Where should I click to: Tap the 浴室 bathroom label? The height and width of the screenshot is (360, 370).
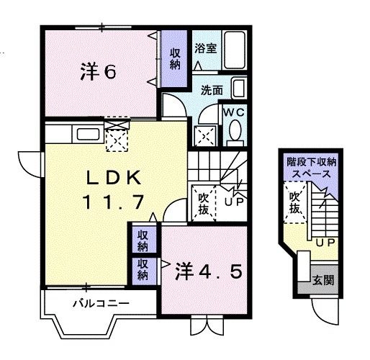205,49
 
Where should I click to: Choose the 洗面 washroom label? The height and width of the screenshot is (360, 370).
211,91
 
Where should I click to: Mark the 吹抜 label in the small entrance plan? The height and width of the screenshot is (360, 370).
294,203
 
